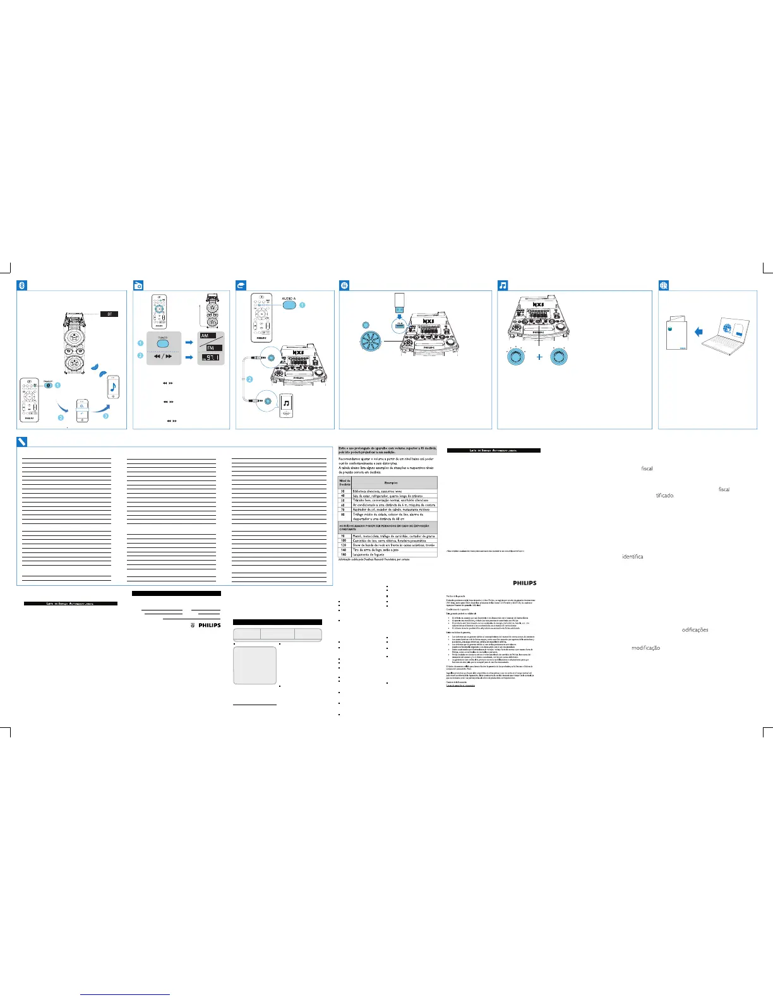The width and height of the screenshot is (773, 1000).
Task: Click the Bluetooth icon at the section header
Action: tap(21, 285)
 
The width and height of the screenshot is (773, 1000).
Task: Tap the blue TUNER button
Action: tap(163, 343)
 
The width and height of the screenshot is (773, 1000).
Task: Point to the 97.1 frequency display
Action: tap(211, 358)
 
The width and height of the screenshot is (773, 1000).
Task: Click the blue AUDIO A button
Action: tap(289, 304)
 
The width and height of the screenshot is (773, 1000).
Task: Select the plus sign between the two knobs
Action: tap(539, 357)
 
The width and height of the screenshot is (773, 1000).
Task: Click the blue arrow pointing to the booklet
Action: tap(698, 331)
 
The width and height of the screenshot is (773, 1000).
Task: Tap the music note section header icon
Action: tap(503, 285)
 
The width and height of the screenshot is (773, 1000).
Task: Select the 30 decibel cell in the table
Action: tap(343, 491)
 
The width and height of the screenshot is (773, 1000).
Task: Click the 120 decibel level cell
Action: tap(344, 545)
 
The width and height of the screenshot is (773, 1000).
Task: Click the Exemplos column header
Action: tap(391, 483)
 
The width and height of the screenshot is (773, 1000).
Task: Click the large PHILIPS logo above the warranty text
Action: tap(524, 583)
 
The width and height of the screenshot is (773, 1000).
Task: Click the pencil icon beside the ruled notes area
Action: tap(21, 441)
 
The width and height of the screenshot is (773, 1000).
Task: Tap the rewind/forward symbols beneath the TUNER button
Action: tap(163, 357)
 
